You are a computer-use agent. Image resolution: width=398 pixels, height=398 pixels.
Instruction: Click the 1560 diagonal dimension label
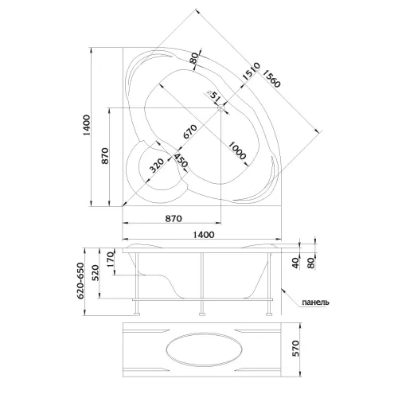(x=271, y=79)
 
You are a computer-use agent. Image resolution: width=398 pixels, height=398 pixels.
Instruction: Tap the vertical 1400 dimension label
(x=87, y=125)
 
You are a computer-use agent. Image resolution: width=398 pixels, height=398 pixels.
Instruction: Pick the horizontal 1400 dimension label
(x=204, y=235)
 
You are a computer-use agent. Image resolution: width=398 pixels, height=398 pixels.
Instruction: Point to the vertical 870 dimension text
(x=105, y=156)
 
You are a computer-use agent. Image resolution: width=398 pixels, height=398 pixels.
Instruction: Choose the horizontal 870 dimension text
(x=174, y=218)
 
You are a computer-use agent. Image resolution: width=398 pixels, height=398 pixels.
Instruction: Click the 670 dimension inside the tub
(x=190, y=131)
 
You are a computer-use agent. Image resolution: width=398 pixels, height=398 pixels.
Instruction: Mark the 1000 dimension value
(x=237, y=150)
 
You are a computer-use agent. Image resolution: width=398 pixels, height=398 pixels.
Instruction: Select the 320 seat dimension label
(x=156, y=165)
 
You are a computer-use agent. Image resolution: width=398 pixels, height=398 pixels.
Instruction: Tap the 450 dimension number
(x=181, y=161)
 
